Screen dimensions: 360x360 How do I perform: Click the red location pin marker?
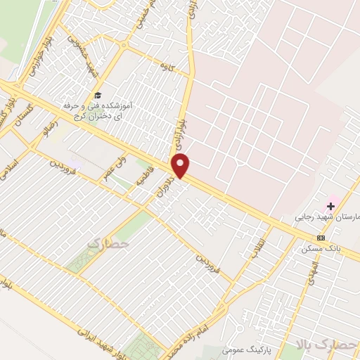[181, 167]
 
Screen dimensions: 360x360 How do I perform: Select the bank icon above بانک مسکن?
[321, 238]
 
